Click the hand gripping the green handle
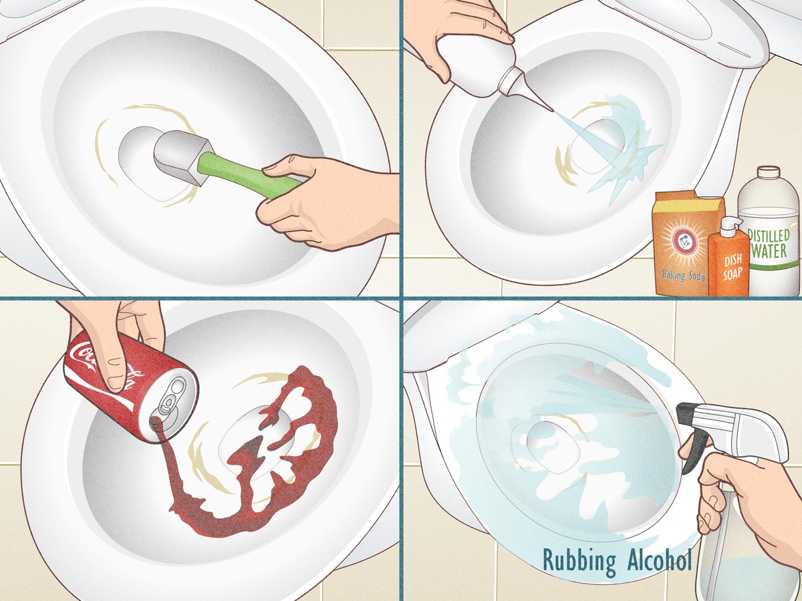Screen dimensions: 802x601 [x=325, y=200]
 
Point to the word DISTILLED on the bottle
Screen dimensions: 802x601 [x=769, y=236]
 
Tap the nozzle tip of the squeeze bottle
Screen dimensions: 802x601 [x=551, y=109]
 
